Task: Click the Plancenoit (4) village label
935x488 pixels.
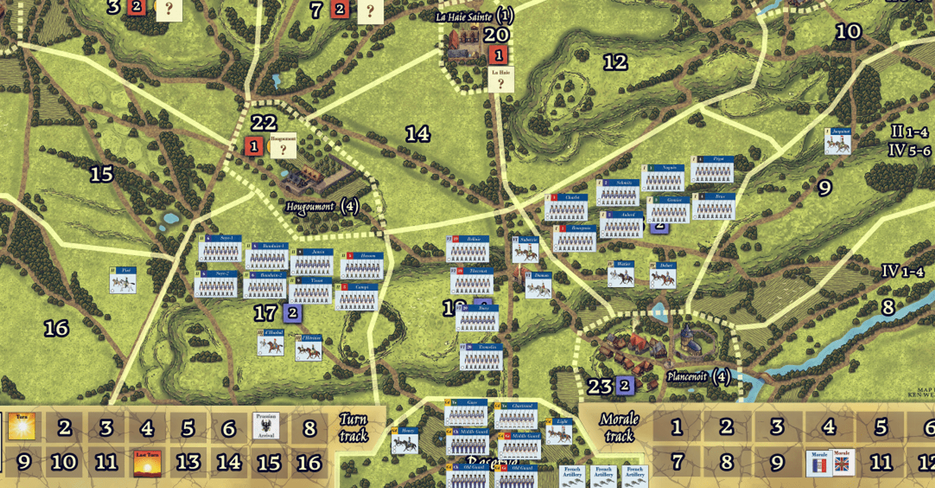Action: (x=698, y=377)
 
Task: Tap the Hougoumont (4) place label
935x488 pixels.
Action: (x=321, y=206)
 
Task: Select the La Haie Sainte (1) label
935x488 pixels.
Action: (x=475, y=15)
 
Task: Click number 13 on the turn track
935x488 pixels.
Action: (x=188, y=462)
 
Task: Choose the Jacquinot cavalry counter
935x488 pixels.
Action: (x=837, y=140)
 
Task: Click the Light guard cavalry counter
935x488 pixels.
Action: (x=559, y=431)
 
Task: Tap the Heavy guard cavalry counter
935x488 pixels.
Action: (x=404, y=440)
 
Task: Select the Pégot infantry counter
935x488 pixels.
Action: (x=712, y=169)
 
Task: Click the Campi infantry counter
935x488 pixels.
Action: (x=357, y=297)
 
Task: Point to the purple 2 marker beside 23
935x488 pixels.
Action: (x=624, y=386)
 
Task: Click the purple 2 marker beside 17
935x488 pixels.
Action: (x=293, y=313)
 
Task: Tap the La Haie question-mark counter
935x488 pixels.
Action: (x=501, y=79)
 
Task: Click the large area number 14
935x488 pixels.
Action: (x=418, y=134)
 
